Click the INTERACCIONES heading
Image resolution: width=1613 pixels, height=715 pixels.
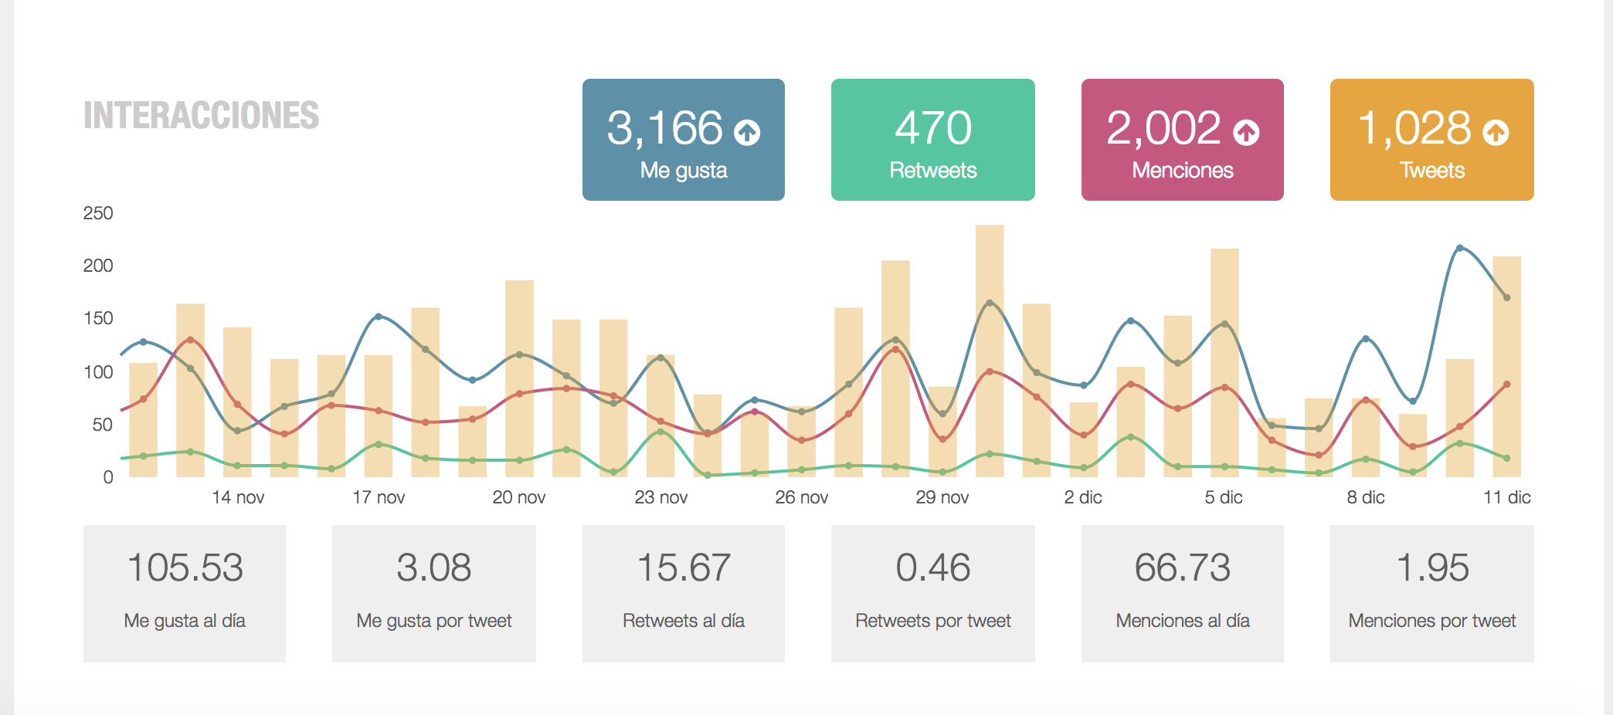(x=201, y=116)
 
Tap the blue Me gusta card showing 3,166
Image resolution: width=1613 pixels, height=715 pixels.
(x=683, y=140)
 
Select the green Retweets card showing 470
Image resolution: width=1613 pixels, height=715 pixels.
(x=932, y=140)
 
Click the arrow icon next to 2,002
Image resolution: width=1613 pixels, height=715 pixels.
(x=1246, y=133)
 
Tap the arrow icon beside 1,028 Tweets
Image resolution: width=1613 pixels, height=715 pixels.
(x=1496, y=133)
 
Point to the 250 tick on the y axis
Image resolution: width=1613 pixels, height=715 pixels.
(x=98, y=213)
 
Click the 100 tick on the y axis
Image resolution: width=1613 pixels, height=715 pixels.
(x=98, y=372)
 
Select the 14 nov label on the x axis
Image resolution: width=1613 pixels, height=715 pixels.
(x=238, y=497)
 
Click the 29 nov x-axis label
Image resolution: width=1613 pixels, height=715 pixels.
(x=942, y=497)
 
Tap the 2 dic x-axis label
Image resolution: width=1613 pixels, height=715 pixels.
(x=1082, y=497)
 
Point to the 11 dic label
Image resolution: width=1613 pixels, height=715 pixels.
(x=1506, y=497)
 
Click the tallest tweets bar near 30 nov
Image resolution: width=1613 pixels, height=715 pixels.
(x=990, y=347)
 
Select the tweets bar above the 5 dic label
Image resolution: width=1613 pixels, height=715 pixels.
(x=1224, y=363)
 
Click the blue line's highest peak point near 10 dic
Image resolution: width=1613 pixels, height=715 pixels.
(x=1459, y=248)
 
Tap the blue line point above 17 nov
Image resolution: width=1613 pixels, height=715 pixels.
(x=378, y=317)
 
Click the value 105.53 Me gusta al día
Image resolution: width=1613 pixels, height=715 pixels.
(x=185, y=568)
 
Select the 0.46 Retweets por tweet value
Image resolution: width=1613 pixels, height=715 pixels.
(x=932, y=568)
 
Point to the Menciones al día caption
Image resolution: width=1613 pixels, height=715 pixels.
(x=1182, y=621)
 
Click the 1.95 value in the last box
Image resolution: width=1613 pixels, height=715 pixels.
(x=1431, y=568)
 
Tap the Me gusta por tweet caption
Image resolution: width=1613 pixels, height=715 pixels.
(x=433, y=621)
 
